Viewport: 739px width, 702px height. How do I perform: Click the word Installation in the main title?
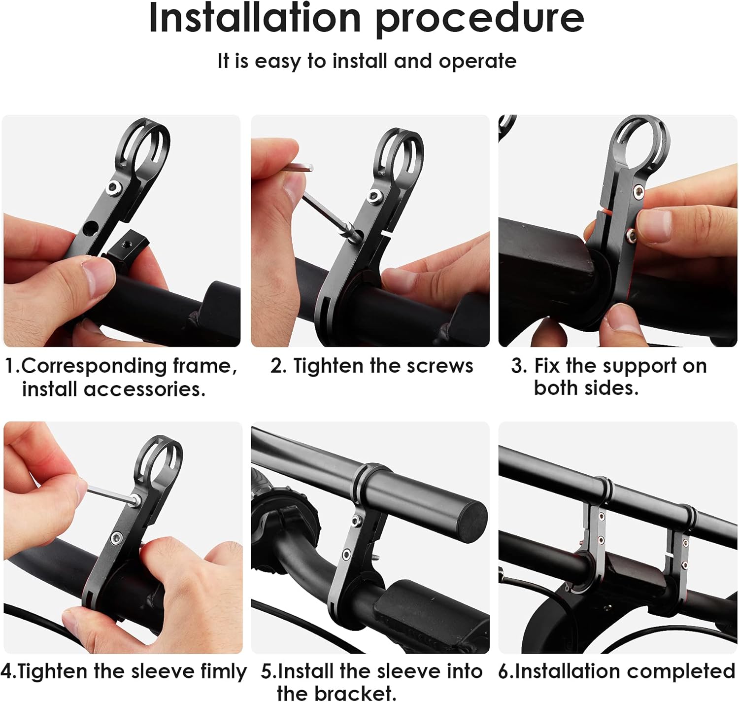pyautogui.click(x=255, y=18)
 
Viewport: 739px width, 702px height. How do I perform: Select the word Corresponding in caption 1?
pyautogui.click(x=94, y=366)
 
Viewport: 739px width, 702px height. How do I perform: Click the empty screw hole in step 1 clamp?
pyautogui.click(x=90, y=227)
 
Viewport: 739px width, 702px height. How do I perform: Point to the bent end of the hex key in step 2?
pyautogui.click(x=309, y=167)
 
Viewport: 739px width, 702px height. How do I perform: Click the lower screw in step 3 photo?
pyautogui.click(x=631, y=235)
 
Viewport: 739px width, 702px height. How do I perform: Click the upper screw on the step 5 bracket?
pyautogui.click(x=355, y=521)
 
